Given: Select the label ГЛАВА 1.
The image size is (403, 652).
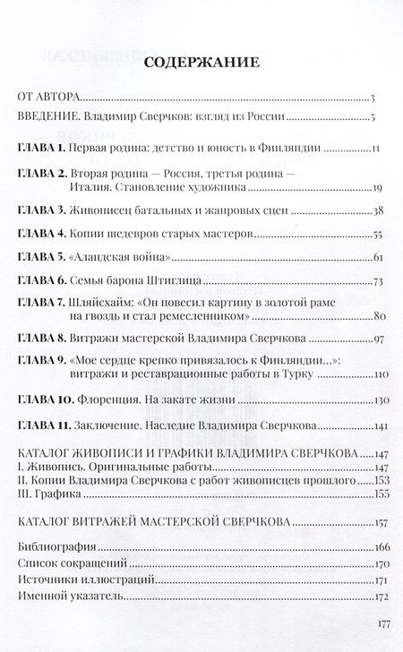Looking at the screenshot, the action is tap(40, 147).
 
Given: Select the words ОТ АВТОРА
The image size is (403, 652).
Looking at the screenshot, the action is tap(50, 96).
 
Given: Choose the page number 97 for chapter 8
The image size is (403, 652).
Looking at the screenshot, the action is tap(379, 339).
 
